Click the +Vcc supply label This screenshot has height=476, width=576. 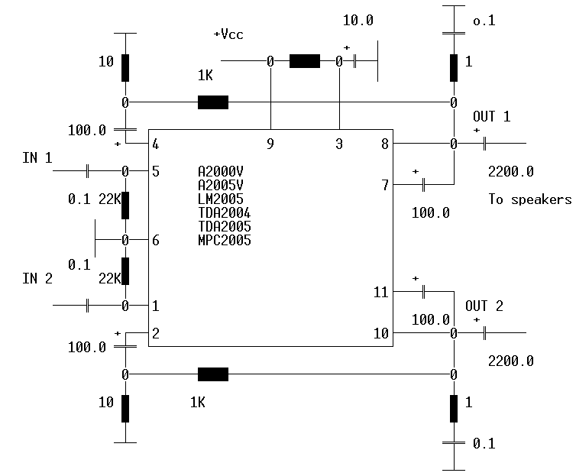228,34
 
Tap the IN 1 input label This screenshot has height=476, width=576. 37,158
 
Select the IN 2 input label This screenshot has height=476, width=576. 37,278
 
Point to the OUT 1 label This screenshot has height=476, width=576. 491,116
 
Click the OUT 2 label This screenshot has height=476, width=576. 484,306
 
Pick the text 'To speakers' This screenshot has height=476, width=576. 529,199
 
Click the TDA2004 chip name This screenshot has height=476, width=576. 224,213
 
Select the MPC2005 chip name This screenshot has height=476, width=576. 224,241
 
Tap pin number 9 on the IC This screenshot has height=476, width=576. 270,144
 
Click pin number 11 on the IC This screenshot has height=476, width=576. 381,293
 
